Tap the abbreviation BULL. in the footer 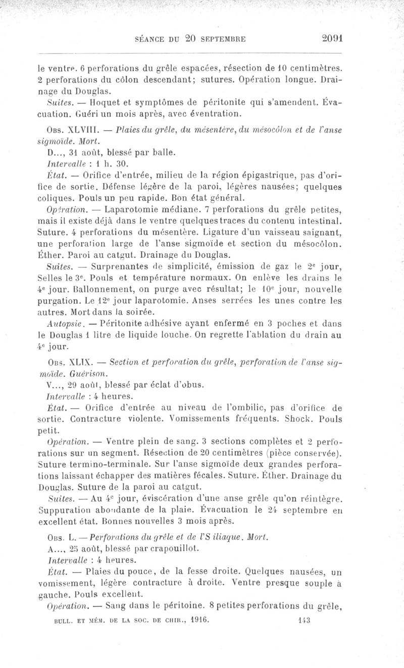pos(63,620)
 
